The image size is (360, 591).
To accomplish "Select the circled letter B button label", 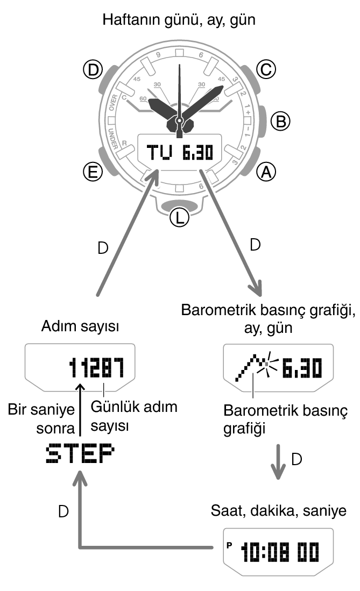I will tap(279, 121).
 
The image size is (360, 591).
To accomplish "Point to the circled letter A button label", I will tap(265, 172).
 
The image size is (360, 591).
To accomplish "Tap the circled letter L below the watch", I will tap(179, 217).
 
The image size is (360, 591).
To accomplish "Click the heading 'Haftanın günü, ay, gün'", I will tap(179, 22).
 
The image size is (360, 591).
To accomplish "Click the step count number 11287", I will tap(97, 368).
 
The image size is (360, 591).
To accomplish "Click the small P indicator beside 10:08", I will tap(229, 545).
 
